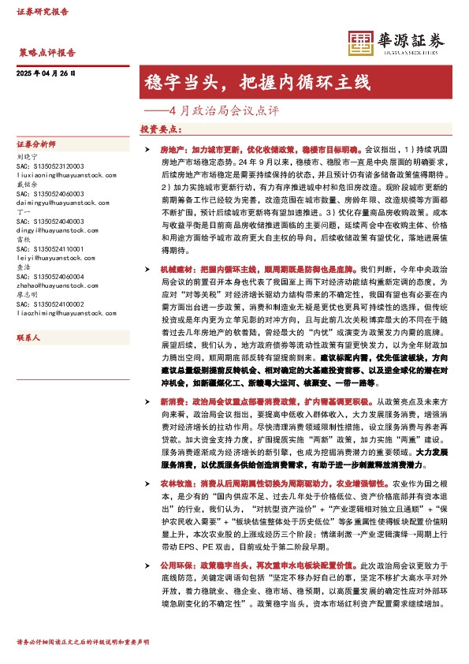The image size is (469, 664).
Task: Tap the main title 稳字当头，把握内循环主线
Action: [255, 82]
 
